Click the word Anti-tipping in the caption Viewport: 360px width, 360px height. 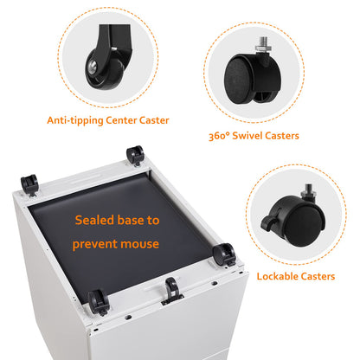(x=75, y=120)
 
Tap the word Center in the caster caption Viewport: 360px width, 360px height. (x=121, y=120)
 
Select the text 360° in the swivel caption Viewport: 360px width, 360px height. (x=219, y=136)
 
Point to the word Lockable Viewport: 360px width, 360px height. (x=277, y=276)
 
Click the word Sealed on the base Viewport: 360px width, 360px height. (x=94, y=220)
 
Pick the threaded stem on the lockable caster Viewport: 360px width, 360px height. (x=307, y=191)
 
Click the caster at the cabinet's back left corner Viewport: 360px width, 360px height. (x=29, y=184)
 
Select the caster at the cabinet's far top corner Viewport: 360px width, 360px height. (x=135, y=156)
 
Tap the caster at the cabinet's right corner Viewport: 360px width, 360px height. (x=224, y=254)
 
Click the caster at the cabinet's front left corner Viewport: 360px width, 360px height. (x=99, y=302)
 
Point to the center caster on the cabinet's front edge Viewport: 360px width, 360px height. (x=172, y=290)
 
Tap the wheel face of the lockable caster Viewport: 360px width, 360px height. (x=305, y=225)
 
